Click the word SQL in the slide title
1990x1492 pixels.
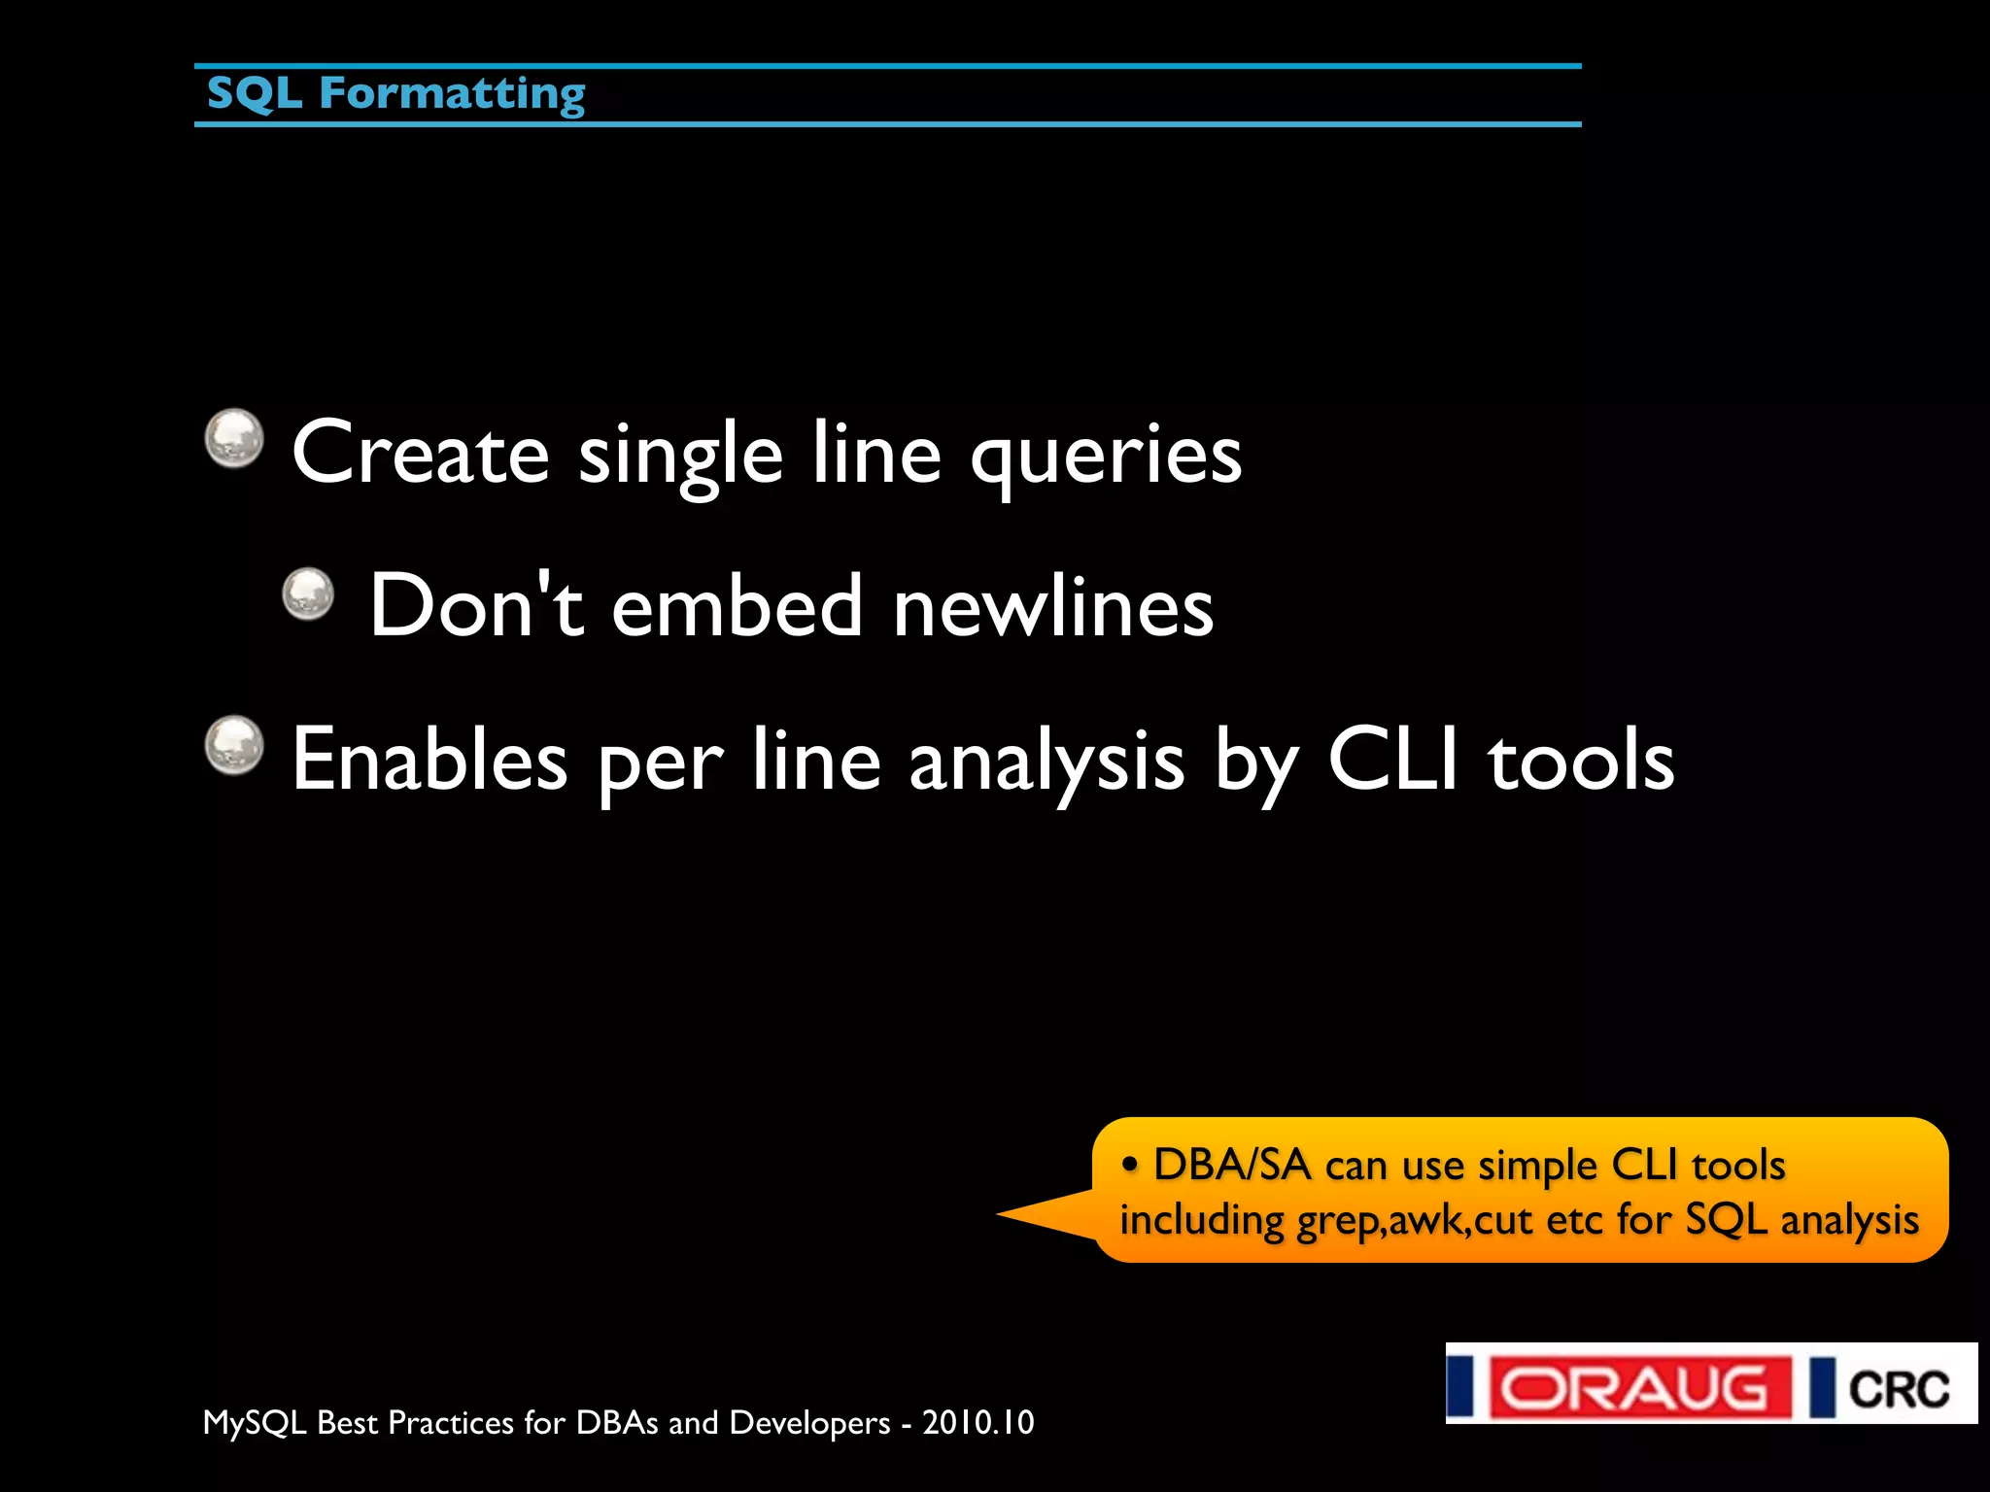[x=254, y=93]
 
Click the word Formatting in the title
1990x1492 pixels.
[x=452, y=95]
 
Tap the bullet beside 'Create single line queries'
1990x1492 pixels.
[x=234, y=438]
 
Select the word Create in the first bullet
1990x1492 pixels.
[x=420, y=453]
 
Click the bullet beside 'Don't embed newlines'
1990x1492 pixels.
[x=308, y=593]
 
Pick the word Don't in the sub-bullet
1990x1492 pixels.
[x=476, y=606]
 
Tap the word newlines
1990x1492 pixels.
[x=1053, y=606]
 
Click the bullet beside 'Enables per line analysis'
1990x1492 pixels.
[x=234, y=745]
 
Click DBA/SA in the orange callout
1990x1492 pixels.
[x=1231, y=1165]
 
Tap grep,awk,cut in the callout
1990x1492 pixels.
[x=1415, y=1220]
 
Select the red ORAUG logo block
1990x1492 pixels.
[x=1640, y=1388]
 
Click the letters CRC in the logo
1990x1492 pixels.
[x=1898, y=1389]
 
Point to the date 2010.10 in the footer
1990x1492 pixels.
[x=978, y=1422]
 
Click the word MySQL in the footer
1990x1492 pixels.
[x=255, y=1423]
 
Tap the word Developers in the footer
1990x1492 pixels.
[x=809, y=1423]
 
